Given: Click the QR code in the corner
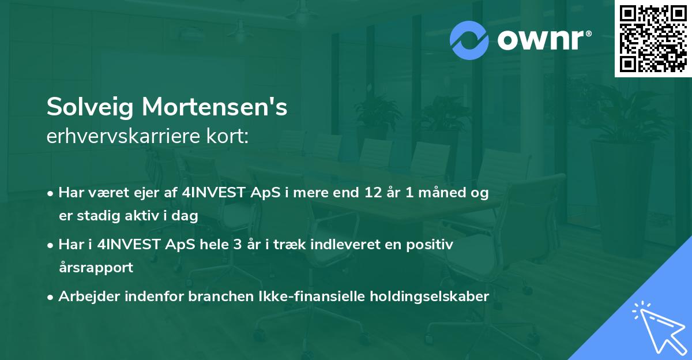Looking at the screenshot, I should pos(653,38).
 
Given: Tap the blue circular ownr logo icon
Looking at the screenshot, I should pos(469,40).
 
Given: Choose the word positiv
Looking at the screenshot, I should pos(430,245).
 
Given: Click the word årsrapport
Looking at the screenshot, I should pos(96,268).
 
